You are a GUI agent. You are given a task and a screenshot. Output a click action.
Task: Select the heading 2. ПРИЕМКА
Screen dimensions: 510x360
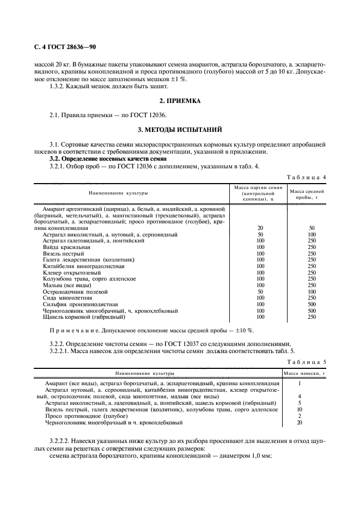click(180, 101)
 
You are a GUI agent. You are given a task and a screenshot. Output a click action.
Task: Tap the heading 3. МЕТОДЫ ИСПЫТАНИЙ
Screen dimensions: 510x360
click(180, 130)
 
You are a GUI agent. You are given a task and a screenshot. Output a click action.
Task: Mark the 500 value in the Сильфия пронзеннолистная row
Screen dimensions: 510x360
click(312, 304)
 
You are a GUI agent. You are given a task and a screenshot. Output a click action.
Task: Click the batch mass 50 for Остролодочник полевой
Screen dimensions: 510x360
click(260, 292)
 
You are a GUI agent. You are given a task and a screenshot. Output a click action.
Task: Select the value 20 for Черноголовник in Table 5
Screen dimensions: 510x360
click(300, 422)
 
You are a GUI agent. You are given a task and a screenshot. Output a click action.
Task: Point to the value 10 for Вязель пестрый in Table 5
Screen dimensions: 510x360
click(300, 409)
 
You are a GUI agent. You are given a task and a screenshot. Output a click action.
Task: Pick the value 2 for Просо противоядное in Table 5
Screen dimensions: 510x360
click(300, 416)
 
